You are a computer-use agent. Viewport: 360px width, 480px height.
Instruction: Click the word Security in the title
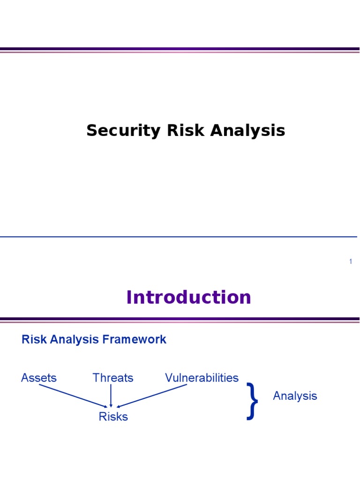(x=123, y=131)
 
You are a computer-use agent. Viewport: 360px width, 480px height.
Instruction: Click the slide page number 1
(x=350, y=262)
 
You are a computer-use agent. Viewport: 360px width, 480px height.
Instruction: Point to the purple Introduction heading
(x=188, y=298)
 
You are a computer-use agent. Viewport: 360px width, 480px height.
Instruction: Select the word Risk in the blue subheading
(x=32, y=339)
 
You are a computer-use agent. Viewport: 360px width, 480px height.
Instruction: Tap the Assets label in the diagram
(x=39, y=378)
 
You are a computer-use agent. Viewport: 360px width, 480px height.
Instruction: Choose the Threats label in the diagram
(x=113, y=378)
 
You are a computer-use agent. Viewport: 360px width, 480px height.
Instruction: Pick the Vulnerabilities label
(x=202, y=378)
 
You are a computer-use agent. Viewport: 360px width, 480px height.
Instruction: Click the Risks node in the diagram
(x=113, y=416)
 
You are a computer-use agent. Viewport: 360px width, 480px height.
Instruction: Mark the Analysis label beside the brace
(x=295, y=396)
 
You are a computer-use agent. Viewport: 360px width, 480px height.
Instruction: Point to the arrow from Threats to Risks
(x=111, y=395)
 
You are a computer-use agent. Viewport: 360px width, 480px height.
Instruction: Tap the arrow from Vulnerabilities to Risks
(x=152, y=396)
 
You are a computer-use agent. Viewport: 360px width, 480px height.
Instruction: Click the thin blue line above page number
(x=178, y=237)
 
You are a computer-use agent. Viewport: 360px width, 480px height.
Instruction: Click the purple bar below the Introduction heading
(x=180, y=319)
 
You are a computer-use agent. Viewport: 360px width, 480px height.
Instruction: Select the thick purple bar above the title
(x=180, y=49)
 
